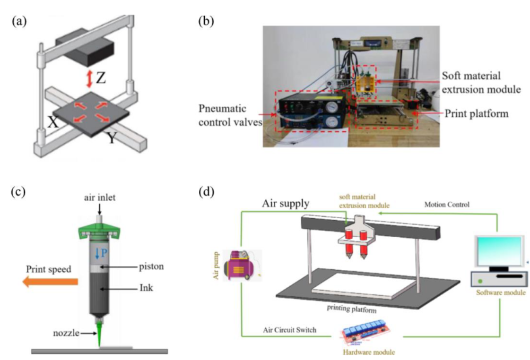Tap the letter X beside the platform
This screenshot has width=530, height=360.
pyautogui.click(x=53, y=122)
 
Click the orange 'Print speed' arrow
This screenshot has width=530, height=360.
pyautogui.click(x=50, y=282)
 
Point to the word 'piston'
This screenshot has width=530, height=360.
pyautogui.click(x=152, y=266)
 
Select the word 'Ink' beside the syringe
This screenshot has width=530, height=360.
pyautogui.click(x=146, y=287)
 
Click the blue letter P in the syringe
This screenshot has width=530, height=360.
pyautogui.click(x=104, y=254)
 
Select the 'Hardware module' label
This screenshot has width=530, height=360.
pyautogui.click(x=368, y=352)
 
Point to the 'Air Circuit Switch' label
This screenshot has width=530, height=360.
pyautogui.click(x=290, y=330)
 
